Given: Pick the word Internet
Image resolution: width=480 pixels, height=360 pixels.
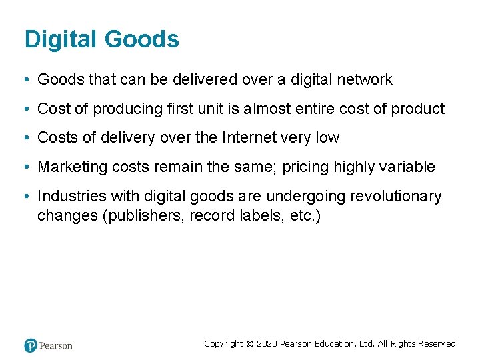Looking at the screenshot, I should click(254, 138).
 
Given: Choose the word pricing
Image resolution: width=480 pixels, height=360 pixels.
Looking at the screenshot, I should click(309, 167).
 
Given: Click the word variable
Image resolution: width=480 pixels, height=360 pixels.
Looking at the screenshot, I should click(408, 167).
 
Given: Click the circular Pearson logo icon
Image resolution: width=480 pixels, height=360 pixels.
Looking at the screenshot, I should click(31, 345).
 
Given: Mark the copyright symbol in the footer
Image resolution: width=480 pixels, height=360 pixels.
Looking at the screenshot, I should click(249, 344).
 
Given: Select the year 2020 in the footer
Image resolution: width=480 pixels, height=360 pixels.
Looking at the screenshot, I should click(266, 344).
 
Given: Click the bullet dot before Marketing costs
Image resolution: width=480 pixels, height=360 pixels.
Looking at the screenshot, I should click(24, 167).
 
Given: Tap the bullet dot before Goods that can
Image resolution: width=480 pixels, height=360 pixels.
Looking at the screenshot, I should click(24, 80).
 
